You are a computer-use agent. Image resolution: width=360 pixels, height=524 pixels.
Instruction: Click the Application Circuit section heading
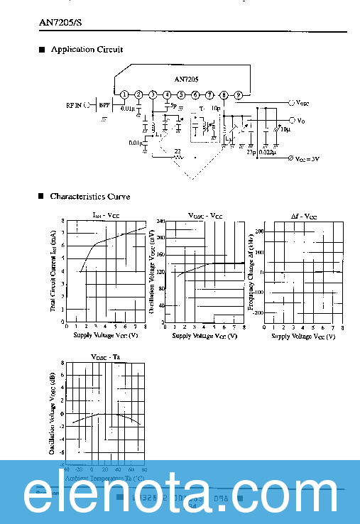tap(87, 50)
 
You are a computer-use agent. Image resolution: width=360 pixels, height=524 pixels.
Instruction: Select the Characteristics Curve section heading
tap(89, 196)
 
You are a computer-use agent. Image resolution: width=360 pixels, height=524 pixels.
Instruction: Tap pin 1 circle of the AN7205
tap(124, 94)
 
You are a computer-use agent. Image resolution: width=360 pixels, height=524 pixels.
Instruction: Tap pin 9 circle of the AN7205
tap(239, 94)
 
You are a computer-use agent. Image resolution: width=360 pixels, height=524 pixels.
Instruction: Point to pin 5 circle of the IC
tap(181, 94)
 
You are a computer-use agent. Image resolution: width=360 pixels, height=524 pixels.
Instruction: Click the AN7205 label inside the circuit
tap(187, 80)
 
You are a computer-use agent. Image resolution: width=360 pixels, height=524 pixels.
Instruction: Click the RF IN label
tap(73, 105)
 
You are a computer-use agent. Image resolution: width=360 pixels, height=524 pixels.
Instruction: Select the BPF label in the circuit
tap(104, 105)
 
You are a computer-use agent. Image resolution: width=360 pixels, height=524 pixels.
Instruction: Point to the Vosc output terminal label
tap(302, 103)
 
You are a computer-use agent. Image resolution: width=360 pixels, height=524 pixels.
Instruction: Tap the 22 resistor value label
tap(177, 151)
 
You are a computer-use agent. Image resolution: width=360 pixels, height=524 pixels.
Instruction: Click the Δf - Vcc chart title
tap(304, 214)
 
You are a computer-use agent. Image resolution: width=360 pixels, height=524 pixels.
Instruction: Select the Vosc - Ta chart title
tap(105, 356)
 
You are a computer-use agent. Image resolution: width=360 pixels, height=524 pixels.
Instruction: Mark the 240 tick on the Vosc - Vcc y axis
tap(160, 221)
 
